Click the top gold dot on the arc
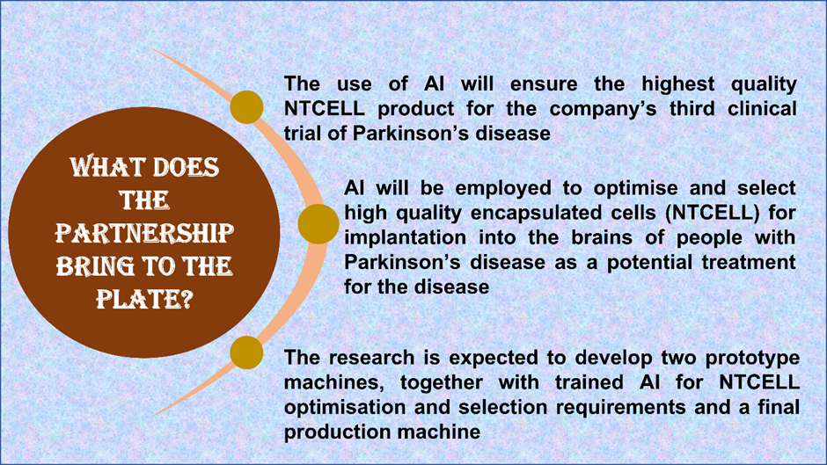coord(246,107)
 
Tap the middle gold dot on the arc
coord(318,224)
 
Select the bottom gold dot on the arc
coord(246,352)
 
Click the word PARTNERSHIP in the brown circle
coord(144,233)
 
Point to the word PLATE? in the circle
coord(144,299)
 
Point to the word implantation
coord(405,237)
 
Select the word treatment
coord(749,262)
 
